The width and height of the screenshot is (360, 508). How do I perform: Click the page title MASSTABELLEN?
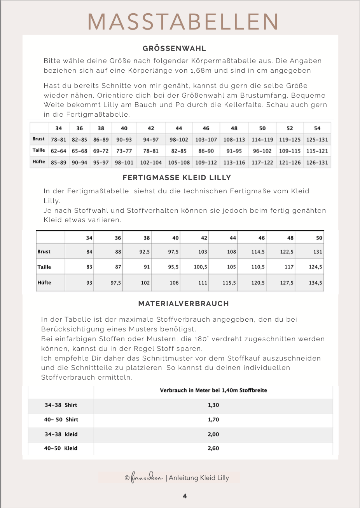(x=183, y=22)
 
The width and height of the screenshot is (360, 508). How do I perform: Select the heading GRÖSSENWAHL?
(x=174, y=49)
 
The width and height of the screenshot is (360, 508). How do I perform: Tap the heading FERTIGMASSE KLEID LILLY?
(x=177, y=178)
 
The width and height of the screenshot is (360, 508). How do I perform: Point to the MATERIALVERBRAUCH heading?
(x=183, y=304)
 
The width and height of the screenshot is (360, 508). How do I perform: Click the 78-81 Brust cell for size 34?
(x=58, y=140)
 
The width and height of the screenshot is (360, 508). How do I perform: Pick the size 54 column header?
(x=317, y=128)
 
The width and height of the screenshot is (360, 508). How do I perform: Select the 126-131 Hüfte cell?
(x=317, y=163)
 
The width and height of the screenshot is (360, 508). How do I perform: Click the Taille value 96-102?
(x=262, y=151)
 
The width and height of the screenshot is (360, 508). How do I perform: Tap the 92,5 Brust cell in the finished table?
(x=145, y=252)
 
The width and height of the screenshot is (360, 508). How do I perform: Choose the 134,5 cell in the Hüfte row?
(x=315, y=283)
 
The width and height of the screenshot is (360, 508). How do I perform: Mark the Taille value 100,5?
(x=201, y=267)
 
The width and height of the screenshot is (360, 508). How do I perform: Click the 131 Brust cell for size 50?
(x=318, y=252)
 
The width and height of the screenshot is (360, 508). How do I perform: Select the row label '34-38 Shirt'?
(x=61, y=405)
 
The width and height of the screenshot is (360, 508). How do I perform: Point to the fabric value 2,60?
(x=213, y=448)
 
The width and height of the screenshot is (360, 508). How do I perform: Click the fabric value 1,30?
(x=213, y=405)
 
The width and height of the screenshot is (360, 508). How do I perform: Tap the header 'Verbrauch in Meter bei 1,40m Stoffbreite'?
(x=213, y=390)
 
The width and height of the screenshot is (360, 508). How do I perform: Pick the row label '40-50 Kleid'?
(x=61, y=448)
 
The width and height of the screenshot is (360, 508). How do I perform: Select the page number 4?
(x=185, y=496)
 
